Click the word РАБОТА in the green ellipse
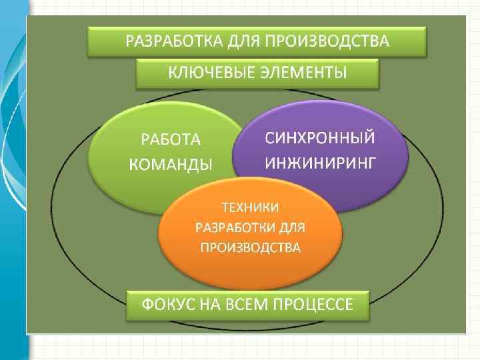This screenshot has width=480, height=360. [169, 139]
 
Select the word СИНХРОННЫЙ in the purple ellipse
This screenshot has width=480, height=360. [320, 138]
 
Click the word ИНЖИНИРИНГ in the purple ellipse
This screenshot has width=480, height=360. [320, 162]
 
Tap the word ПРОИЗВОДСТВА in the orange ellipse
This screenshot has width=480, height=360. [250, 248]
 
